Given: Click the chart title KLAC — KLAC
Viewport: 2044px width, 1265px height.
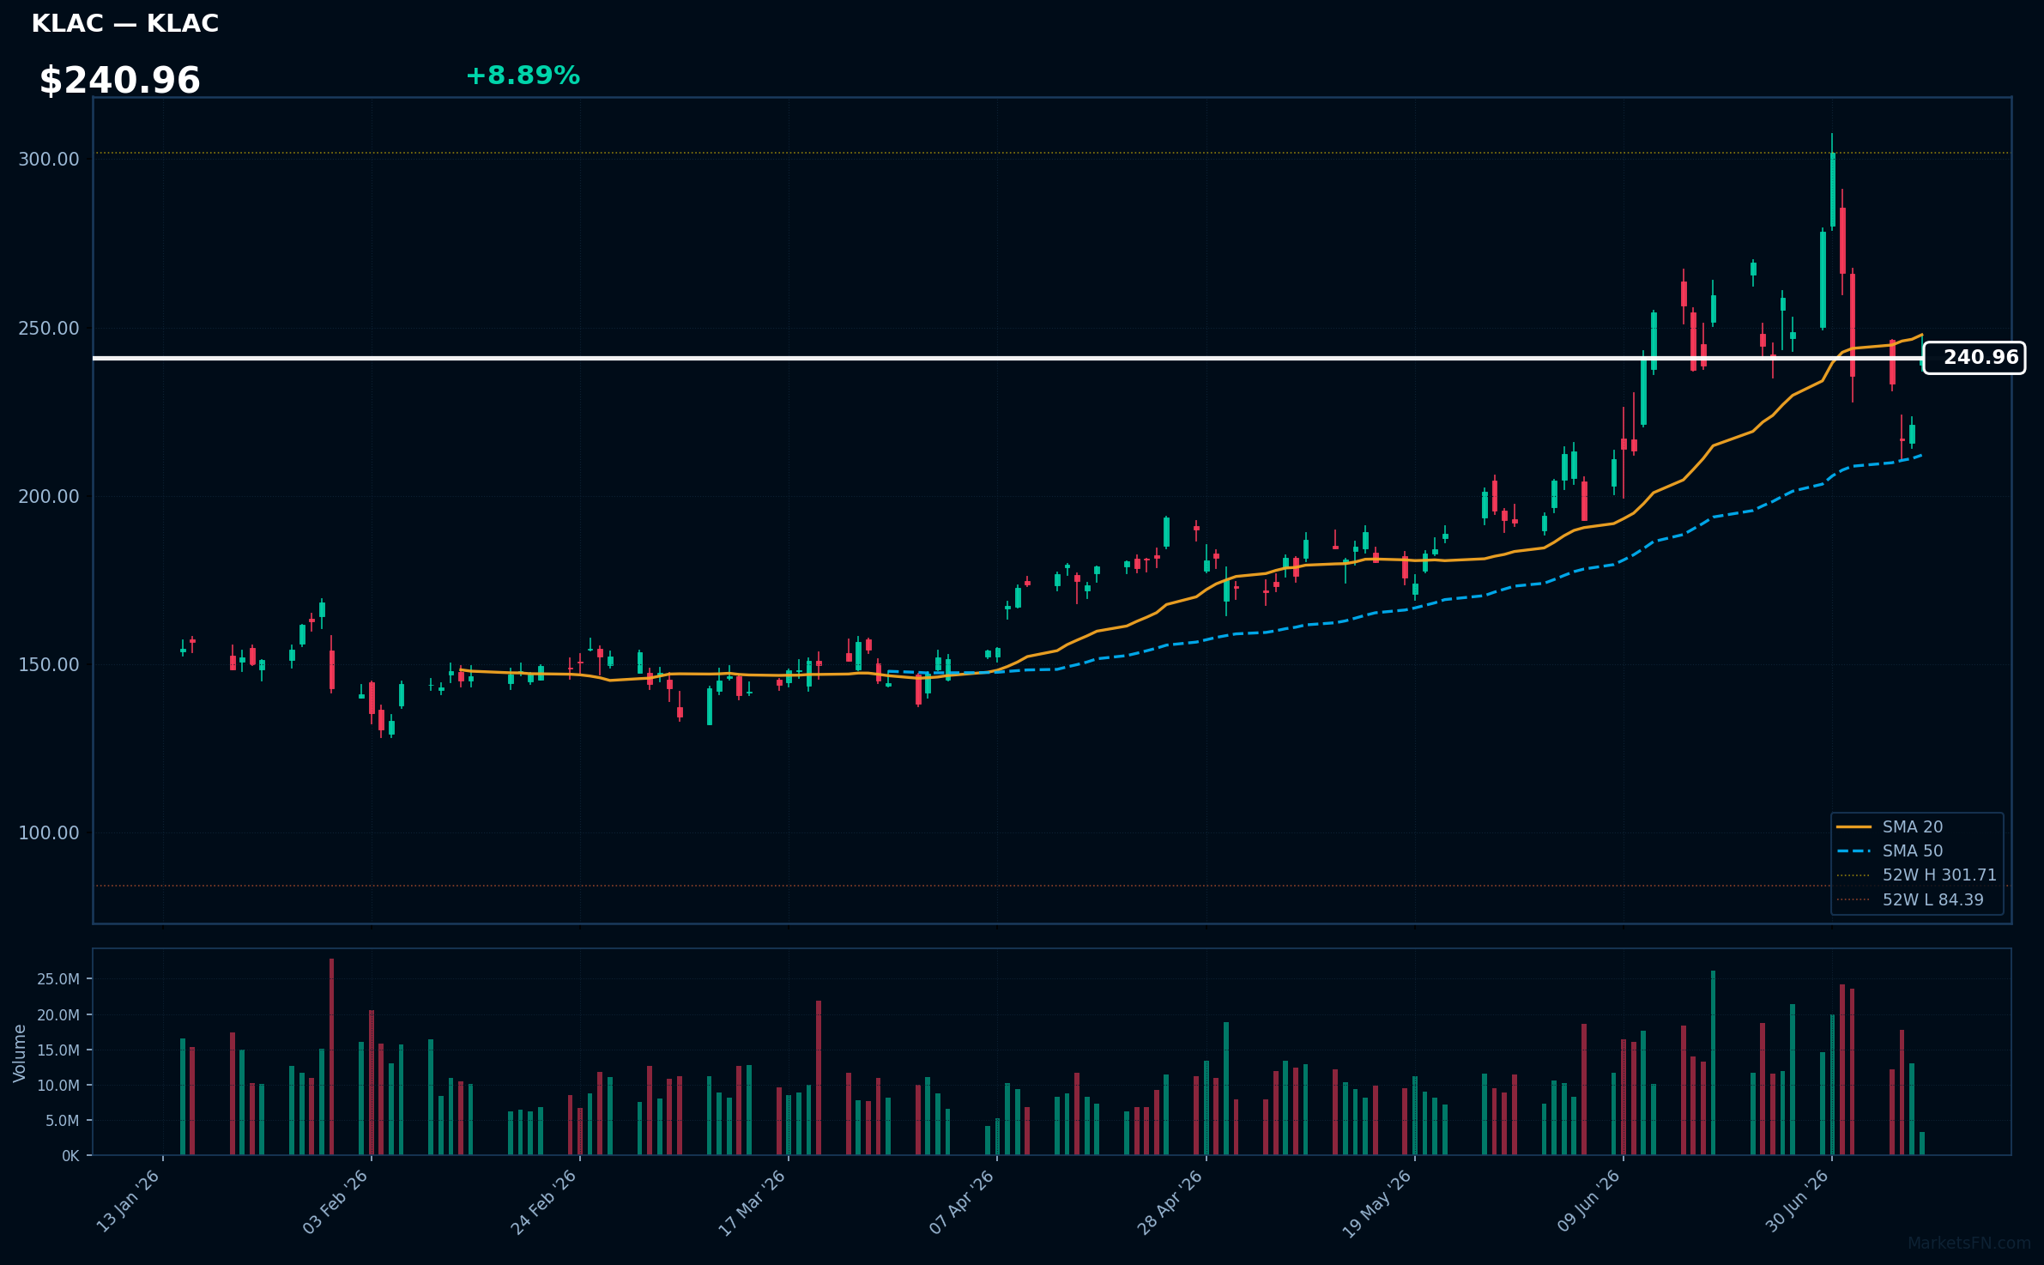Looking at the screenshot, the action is tap(125, 24).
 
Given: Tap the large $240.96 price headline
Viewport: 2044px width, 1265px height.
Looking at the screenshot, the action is tap(120, 81).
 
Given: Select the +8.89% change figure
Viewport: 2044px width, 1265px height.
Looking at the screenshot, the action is tap(523, 76).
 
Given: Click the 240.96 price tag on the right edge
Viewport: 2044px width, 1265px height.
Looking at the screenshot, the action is tap(1974, 358).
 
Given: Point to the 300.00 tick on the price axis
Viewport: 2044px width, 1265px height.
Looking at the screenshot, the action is tap(49, 160).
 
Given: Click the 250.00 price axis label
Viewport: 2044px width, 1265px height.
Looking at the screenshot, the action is tap(49, 329).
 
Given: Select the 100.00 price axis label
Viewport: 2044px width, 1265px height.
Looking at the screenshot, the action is tap(49, 833).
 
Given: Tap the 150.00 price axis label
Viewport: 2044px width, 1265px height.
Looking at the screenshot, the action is tap(49, 665).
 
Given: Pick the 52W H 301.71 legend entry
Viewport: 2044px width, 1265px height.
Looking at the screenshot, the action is tap(1916, 875).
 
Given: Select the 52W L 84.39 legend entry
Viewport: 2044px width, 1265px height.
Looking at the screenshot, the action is tap(1910, 900).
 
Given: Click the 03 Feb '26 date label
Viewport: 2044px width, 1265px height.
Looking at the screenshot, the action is tap(336, 1201).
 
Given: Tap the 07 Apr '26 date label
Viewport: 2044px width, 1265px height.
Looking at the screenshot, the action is tap(961, 1201).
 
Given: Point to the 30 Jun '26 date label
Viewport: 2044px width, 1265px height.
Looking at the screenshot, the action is tap(1796, 1201).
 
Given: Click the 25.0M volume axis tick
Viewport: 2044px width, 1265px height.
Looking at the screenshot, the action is tap(59, 979).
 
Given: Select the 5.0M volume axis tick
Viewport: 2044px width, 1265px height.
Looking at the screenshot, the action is tap(63, 1121).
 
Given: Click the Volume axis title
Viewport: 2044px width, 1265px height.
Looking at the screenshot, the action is tap(20, 1053).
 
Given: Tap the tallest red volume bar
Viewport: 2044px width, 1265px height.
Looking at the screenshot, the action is tap(331, 1057).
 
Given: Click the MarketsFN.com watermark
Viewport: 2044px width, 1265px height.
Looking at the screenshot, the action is tap(1969, 1244).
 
